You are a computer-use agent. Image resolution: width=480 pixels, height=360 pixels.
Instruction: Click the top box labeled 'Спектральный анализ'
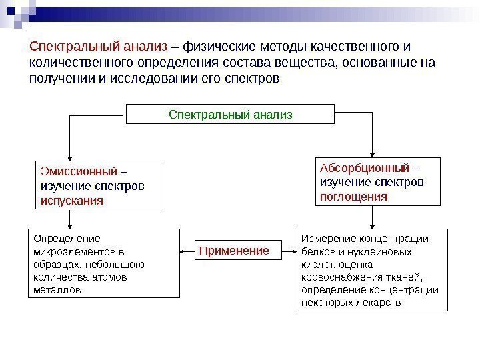(231, 115)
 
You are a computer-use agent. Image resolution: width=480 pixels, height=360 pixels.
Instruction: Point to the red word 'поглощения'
(353, 197)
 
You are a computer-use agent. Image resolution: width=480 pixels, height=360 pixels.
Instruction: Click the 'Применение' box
(234, 251)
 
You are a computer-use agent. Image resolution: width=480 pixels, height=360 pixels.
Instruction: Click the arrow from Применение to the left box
(187, 252)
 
